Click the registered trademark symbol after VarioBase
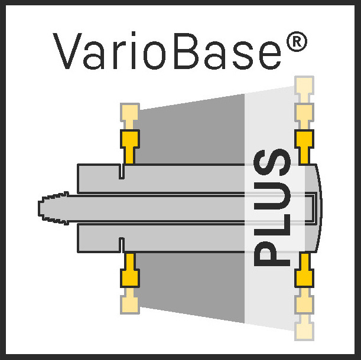[x=297, y=41]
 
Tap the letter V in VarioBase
[x=67, y=51]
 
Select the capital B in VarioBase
[x=187, y=51]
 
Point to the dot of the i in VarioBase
[x=134, y=34]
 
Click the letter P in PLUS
[x=272, y=254]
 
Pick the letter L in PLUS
[x=272, y=225]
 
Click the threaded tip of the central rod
[x=53, y=208]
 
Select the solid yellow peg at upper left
[x=130, y=147]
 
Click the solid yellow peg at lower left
[x=130, y=270]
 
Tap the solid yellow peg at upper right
[x=304, y=147]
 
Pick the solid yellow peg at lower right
[x=304, y=270]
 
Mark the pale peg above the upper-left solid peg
[x=130, y=116]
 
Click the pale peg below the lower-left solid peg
[x=130, y=301]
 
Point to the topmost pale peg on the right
[x=304, y=89]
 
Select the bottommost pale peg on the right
[x=304, y=328]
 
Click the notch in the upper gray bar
[x=122, y=172]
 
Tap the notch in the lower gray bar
[x=122, y=246]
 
